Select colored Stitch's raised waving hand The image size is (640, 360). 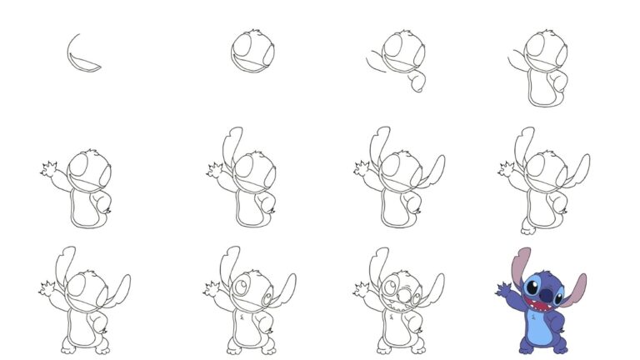tap(502, 289)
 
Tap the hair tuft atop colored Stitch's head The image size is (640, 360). tap(550, 271)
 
